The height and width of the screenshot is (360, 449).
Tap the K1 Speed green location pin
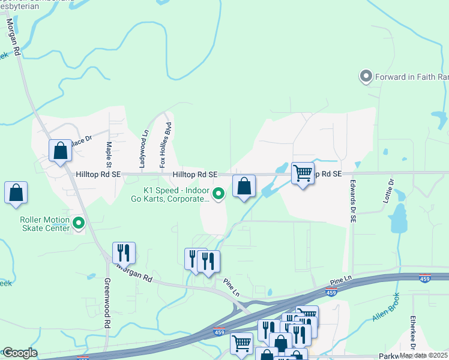(219, 193)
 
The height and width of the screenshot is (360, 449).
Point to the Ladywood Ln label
(143, 150)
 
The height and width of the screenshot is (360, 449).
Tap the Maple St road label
(109, 154)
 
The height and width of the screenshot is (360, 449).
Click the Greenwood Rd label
(107, 311)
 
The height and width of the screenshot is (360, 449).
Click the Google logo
(19, 353)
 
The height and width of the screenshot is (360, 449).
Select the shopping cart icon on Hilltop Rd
(303, 173)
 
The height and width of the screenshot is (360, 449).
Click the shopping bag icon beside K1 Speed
(244, 186)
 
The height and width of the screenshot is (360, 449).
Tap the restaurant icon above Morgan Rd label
(124, 253)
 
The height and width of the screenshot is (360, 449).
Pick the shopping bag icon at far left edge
(16, 193)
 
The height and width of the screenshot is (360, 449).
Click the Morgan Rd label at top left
(13, 37)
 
